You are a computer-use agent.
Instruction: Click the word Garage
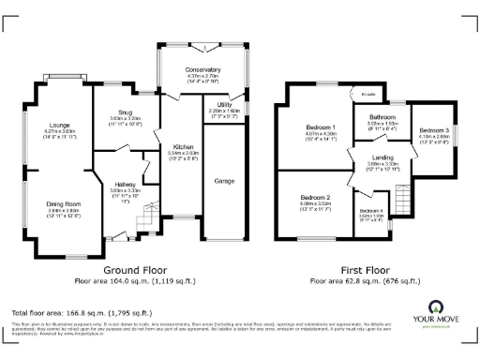226,179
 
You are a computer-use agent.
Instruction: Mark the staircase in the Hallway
143,221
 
